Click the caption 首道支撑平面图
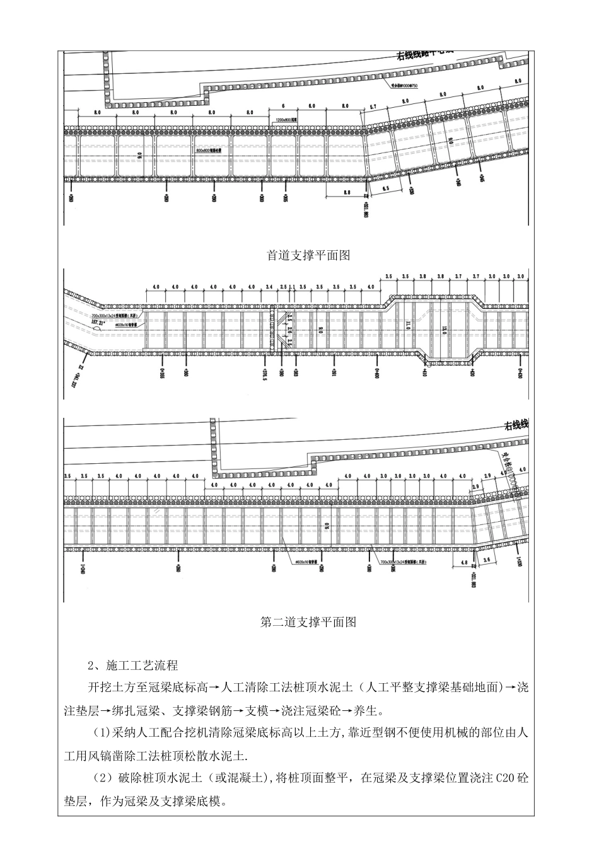click(x=299, y=256)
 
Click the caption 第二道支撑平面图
click(x=299, y=622)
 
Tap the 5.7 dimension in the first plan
click(x=373, y=107)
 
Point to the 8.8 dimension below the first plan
click(x=346, y=192)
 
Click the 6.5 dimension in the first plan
click(x=386, y=188)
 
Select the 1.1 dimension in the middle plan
click(x=293, y=287)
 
